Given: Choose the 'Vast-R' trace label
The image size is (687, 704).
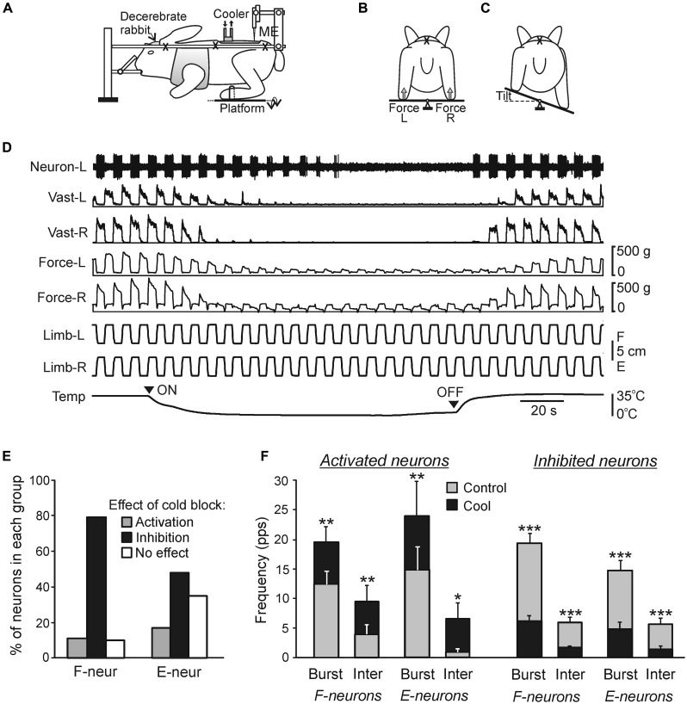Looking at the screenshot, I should [66, 230].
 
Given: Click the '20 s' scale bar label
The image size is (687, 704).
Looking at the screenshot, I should [542, 410].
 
